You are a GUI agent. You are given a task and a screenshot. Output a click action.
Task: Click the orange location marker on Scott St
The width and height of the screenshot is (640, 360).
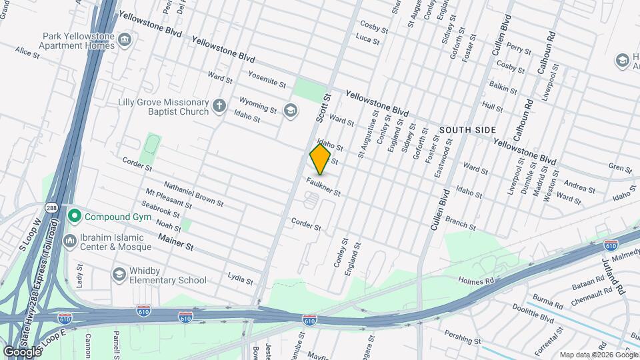[320, 159]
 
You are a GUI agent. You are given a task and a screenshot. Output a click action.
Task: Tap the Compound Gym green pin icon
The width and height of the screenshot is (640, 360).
[74, 216]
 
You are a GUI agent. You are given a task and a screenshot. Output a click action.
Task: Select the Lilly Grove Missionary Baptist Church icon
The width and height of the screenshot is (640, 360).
[219, 105]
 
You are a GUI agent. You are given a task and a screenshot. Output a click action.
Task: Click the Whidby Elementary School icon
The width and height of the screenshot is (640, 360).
[119, 274]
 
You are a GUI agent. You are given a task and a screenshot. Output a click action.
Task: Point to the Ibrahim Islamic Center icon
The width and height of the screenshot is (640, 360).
[69, 240]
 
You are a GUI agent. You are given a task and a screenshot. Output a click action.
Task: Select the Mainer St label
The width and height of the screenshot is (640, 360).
[175, 241]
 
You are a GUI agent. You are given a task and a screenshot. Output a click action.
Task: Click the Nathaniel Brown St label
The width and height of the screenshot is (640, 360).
[193, 194]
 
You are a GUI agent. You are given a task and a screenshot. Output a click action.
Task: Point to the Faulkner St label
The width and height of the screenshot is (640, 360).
[324, 187]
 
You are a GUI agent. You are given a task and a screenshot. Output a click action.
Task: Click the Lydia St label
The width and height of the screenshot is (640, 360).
[240, 277]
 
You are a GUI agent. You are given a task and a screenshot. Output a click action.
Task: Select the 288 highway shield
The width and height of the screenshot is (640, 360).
[51, 207]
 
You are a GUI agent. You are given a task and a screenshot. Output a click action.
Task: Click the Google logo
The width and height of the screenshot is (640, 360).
[22, 351]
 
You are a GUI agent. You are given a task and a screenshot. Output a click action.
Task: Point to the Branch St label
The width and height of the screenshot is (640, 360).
[460, 223]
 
